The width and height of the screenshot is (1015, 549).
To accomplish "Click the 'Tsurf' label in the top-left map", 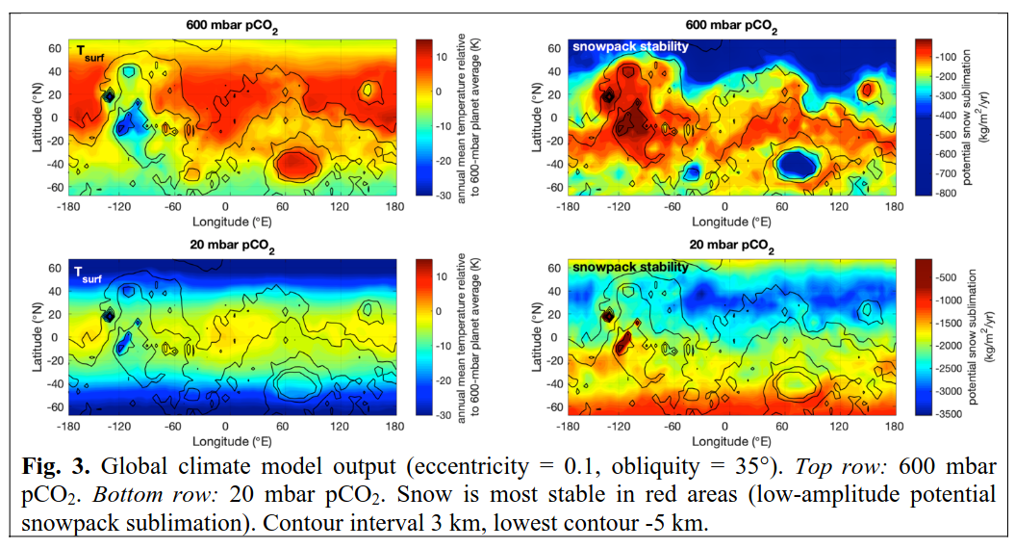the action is pyautogui.click(x=90, y=53).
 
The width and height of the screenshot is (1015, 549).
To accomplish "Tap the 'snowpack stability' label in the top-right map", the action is pyautogui.click(x=630, y=46).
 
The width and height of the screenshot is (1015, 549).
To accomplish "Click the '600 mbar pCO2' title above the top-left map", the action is pyautogui.click(x=233, y=26).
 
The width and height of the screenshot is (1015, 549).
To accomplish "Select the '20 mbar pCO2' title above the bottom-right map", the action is pyautogui.click(x=731, y=246).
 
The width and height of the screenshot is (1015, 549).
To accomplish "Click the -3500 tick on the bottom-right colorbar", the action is pyautogui.click(x=948, y=413).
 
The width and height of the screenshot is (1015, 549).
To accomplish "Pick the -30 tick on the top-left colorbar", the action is pyautogui.click(x=442, y=196).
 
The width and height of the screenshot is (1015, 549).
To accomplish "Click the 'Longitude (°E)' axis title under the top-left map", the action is pyautogui.click(x=232, y=222).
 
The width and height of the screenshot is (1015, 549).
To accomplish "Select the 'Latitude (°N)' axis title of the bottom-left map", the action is pyautogui.click(x=37, y=337).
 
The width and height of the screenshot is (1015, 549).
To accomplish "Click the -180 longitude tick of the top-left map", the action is pyautogui.click(x=68, y=207).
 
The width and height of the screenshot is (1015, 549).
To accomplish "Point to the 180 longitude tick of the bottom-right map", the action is pyautogui.click(x=894, y=427).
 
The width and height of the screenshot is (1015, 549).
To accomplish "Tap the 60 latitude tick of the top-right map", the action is pyautogui.click(x=554, y=48).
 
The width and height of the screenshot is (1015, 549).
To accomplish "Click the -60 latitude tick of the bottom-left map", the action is pyautogui.click(x=55, y=407).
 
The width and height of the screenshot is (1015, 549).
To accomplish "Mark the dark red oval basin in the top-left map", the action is pyautogui.click(x=296, y=164).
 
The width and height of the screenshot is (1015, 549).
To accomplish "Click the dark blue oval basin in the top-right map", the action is pyautogui.click(x=797, y=164).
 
